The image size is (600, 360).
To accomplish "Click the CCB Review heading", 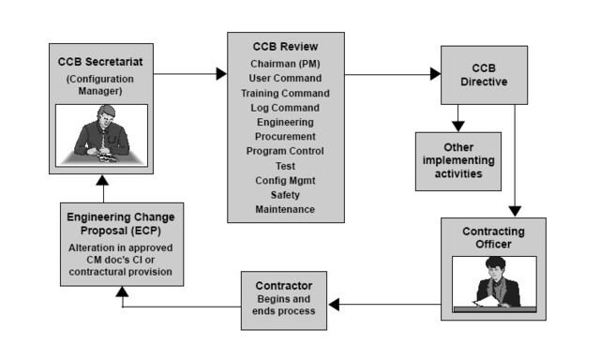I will pyautogui.click(x=285, y=47).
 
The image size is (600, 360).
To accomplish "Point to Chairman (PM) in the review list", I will pyautogui.click(x=285, y=63).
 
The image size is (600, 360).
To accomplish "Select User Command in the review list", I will pyautogui.click(x=285, y=78).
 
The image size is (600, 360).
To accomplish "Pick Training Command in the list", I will pyautogui.click(x=285, y=93).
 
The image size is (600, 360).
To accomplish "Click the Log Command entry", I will pyautogui.click(x=285, y=107).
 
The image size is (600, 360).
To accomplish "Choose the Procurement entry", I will pyautogui.click(x=285, y=136).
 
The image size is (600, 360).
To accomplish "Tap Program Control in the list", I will pyautogui.click(x=285, y=151).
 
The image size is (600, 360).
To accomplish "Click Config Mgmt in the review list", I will pyautogui.click(x=285, y=180).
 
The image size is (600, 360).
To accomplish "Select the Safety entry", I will pyautogui.click(x=285, y=194).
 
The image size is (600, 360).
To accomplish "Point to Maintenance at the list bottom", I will pyautogui.click(x=285, y=208).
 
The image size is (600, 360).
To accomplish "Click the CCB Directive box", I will pyautogui.click(x=482, y=74).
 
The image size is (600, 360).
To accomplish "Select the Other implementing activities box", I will pyautogui.click(x=458, y=160).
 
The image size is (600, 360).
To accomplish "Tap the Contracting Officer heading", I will pyautogui.click(x=494, y=237).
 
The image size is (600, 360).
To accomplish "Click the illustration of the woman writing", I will pyautogui.click(x=494, y=282).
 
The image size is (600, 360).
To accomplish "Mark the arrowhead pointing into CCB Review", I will pyautogui.click(x=221, y=73).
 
